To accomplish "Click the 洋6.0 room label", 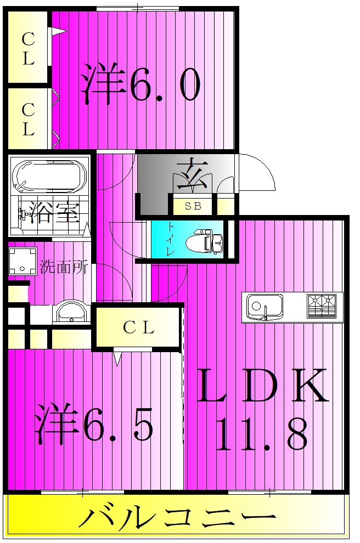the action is tap(140, 84).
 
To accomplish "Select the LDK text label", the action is tap(263, 385).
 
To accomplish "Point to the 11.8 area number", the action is tap(262, 433).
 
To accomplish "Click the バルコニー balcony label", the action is tap(177, 518).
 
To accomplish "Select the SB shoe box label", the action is tap(193, 206).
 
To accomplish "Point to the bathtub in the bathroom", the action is tap(48, 176).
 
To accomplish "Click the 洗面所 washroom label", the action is tap(64, 267).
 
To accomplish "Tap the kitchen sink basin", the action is tap(265, 307).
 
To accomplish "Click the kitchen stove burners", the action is tap(322, 306).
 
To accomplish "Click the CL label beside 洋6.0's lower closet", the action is tap(28, 120).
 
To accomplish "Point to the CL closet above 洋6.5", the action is tap(139, 327).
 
